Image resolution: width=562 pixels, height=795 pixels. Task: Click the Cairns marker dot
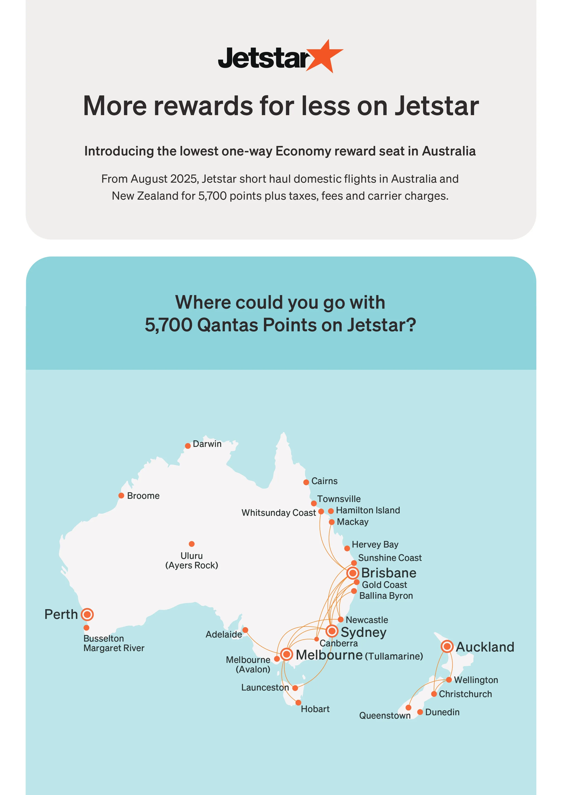[306, 482]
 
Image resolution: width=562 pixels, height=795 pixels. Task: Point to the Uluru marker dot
[191, 544]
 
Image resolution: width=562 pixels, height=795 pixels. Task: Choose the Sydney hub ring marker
[332, 631]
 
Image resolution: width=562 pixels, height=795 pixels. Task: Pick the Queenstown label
[384, 715]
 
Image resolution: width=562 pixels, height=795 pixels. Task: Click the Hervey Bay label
[375, 544]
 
